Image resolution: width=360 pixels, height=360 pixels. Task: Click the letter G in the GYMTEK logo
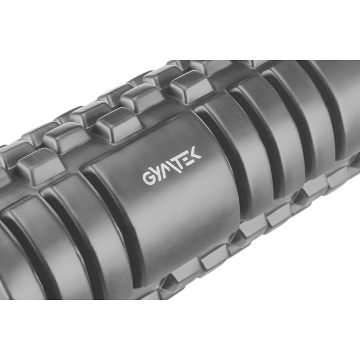coord(148,177)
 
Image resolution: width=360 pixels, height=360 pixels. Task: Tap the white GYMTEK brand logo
coord(172,165)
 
